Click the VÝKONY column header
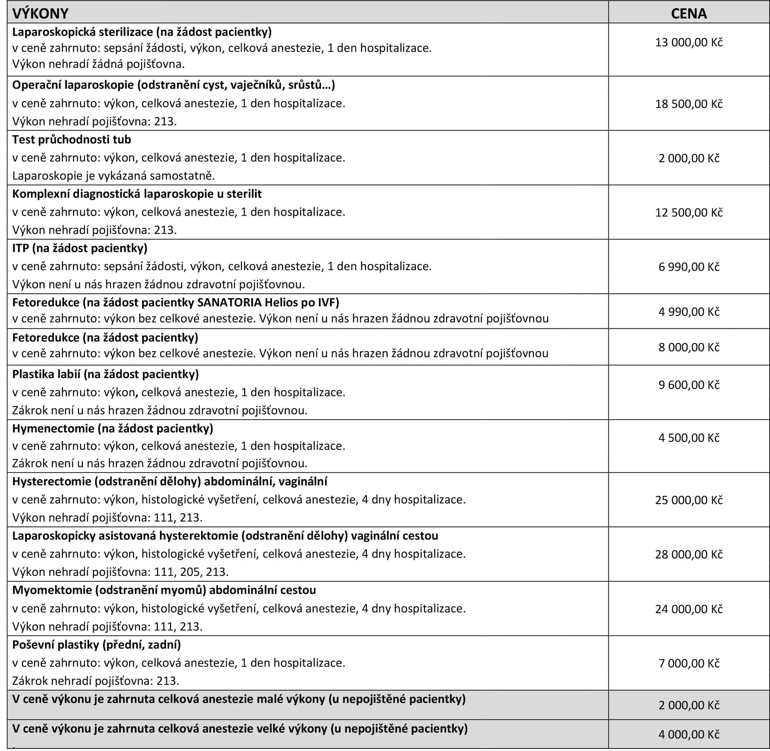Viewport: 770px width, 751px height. pos(40,14)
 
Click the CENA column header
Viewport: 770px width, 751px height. pos(689,14)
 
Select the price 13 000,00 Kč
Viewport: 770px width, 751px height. pos(689,42)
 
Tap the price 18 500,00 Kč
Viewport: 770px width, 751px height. pos(689,104)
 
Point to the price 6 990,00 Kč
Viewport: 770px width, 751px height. pos(689,267)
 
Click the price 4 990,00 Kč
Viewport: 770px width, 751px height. pos(689,312)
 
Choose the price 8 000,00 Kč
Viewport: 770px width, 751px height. pos(689,347)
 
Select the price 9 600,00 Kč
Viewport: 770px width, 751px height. pos(689,385)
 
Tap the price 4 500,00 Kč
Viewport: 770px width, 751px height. pos(689,438)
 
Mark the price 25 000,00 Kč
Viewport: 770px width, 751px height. pos(689,500)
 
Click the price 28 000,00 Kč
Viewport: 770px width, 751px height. pos(689,555)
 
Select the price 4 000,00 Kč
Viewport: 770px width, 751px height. pos(689,734)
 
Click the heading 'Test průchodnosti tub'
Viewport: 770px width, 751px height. pos(71,140)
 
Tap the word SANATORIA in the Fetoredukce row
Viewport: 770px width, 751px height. pos(229,303)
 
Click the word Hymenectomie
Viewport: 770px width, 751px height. pos(53,428)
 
